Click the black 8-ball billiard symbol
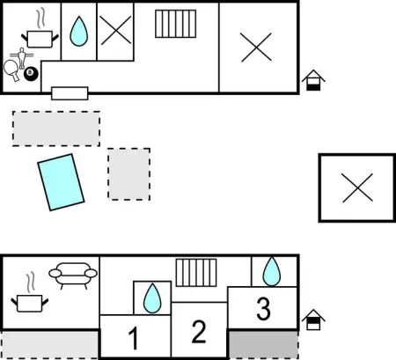(31, 74)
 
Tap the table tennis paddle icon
(11, 70)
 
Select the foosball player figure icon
(21, 58)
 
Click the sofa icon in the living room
(73, 276)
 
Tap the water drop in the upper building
(79, 31)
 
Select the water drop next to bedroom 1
(152, 298)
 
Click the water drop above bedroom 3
(272, 271)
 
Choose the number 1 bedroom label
(134, 338)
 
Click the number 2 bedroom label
(199, 332)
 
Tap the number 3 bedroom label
(263, 309)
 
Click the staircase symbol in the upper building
(176, 24)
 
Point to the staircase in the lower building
(196, 273)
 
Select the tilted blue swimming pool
(61, 182)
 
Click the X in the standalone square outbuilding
(357, 187)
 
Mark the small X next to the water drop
(115, 30)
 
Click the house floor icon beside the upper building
(313, 80)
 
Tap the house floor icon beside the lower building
(313, 320)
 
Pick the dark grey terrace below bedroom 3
(263, 345)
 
